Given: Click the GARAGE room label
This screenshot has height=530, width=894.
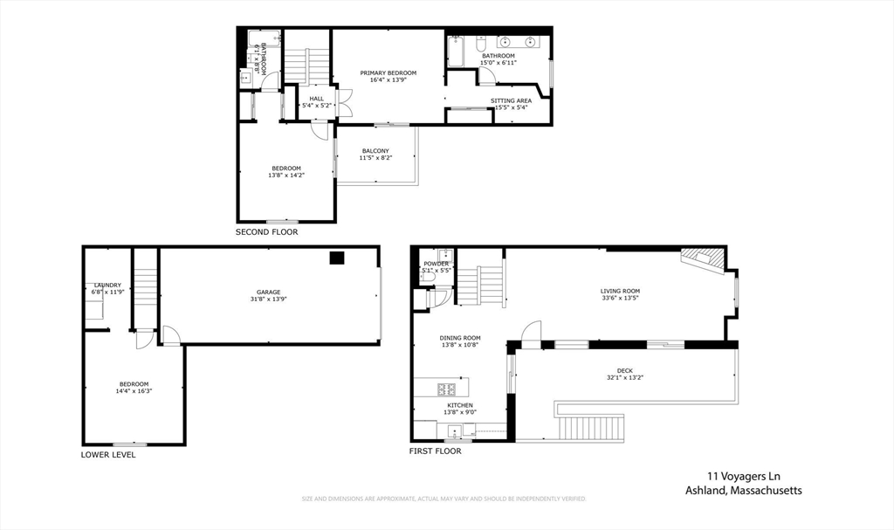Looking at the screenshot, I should coord(268,292).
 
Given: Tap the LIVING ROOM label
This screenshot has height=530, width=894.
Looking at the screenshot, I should coord(620,291).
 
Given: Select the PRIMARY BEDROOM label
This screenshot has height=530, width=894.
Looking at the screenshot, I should coord(389,72).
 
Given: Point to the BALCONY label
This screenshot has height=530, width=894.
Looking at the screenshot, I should coord(375,151).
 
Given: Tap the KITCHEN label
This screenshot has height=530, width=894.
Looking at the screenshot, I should coord(460,405).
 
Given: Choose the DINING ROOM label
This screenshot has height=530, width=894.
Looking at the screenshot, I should coord(459,338).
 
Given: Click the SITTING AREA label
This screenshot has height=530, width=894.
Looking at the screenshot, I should coord(511,100).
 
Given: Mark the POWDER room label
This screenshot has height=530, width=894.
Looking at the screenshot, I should coord(436,264).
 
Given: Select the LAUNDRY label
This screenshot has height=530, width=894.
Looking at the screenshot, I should coord(107,285).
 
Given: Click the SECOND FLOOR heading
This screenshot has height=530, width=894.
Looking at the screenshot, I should coord(266,232).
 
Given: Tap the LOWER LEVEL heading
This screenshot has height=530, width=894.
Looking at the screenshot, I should coord(108,454).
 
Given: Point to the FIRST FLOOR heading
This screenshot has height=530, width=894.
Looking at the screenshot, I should coord(435,451).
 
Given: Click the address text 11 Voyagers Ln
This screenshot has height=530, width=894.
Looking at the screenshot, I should coord(742,477).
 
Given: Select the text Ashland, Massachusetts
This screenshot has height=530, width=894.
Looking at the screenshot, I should coord(743,491).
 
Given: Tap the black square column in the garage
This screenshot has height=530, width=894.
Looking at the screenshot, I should coord(336,258).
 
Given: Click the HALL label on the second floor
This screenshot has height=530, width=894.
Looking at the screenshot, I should coord(316,99).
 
